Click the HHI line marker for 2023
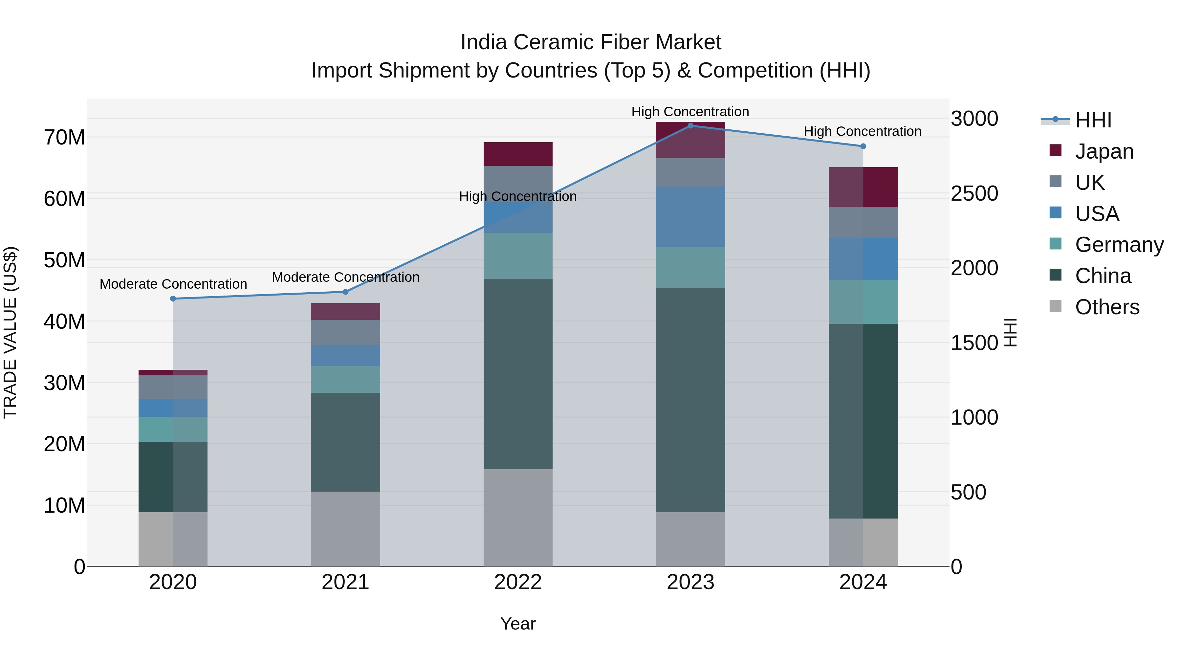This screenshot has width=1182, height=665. pyautogui.click(x=690, y=126)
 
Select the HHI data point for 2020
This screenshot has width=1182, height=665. pyautogui.click(x=173, y=299)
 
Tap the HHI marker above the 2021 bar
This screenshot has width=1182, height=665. pyautogui.click(x=345, y=292)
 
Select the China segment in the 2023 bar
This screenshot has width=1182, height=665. pyautogui.click(x=690, y=400)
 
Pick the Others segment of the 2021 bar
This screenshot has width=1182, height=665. pyautogui.click(x=345, y=529)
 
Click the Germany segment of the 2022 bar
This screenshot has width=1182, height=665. pyautogui.click(x=518, y=255)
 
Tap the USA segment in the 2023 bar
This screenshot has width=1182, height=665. pyautogui.click(x=690, y=217)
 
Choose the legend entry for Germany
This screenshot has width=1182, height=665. pyautogui.click(x=1119, y=245)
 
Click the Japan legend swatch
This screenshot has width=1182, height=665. pyautogui.click(x=1055, y=150)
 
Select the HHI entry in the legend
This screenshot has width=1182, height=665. pyautogui.click(x=1093, y=120)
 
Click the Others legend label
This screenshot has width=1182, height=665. pyautogui.click(x=1107, y=307)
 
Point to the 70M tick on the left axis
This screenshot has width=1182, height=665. pyautogui.click(x=64, y=137)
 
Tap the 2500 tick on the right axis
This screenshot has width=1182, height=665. pyautogui.click(x=974, y=193)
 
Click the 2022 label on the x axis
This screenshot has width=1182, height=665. pyautogui.click(x=518, y=582)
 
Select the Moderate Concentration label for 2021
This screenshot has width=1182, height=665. pyautogui.click(x=345, y=277)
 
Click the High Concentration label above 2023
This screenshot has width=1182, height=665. pyautogui.click(x=690, y=112)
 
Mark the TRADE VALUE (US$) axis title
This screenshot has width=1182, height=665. pyautogui.click(x=10, y=332)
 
